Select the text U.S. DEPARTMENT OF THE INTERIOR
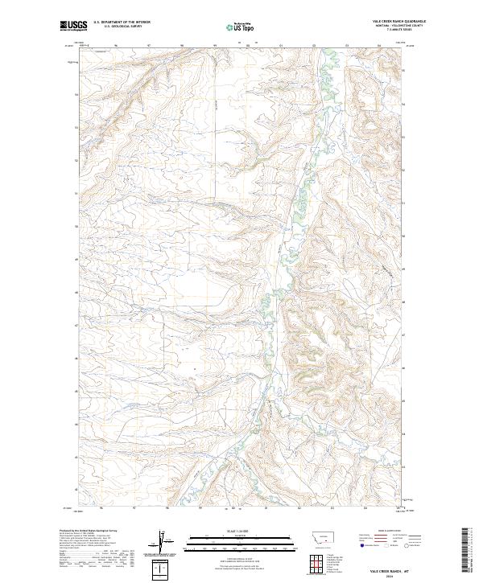click(121, 23)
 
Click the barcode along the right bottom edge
click(464, 550)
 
